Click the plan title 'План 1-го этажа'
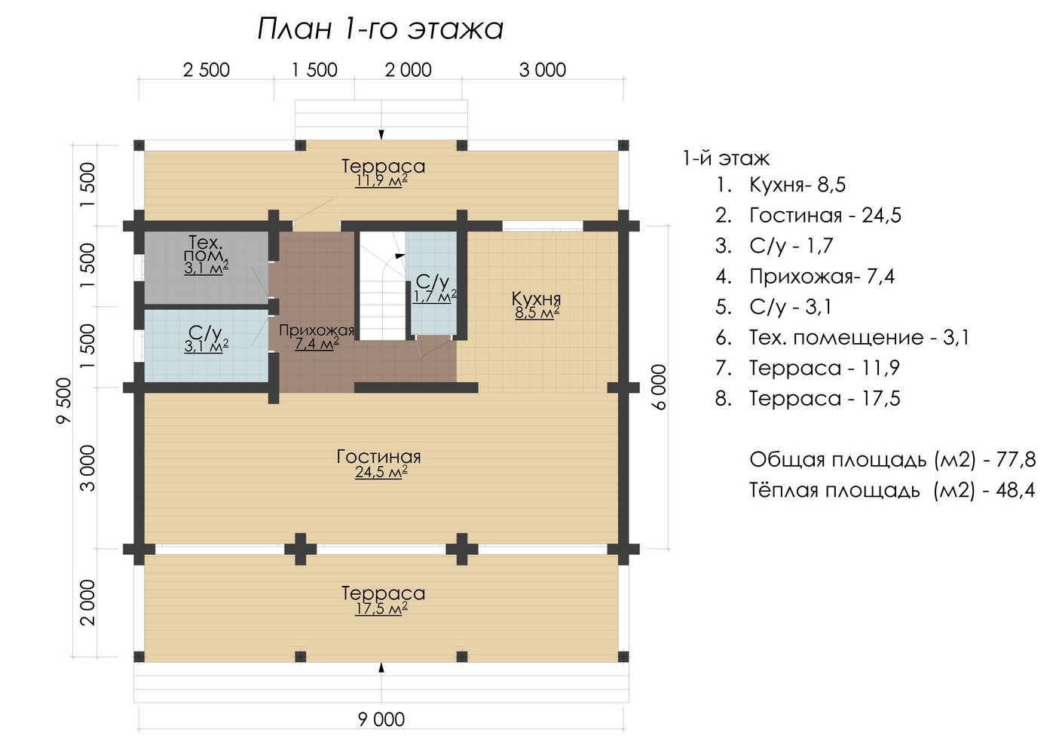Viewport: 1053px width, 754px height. click(381, 29)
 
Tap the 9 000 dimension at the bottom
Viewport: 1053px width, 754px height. click(381, 719)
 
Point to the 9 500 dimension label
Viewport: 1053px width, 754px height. click(64, 400)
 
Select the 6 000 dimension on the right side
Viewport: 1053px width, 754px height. click(659, 387)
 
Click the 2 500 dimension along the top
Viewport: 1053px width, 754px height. click(206, 70)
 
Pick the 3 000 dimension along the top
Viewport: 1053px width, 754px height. click(543, 70)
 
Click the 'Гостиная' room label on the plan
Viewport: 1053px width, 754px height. click(379, 456)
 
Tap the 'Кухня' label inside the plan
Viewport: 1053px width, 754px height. click(537, 299)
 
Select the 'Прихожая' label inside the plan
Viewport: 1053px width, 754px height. click(317, 330)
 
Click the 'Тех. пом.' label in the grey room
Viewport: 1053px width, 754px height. click(206, 250)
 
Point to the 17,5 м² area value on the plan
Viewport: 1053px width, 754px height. click(381, 608)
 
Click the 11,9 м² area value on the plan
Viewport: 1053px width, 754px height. click(381, 181)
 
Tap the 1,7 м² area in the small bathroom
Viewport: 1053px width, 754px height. click(434, 297)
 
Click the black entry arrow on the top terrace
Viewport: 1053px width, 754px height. click(381, 134)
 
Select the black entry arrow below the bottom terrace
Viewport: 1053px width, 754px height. click(381, 667)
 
